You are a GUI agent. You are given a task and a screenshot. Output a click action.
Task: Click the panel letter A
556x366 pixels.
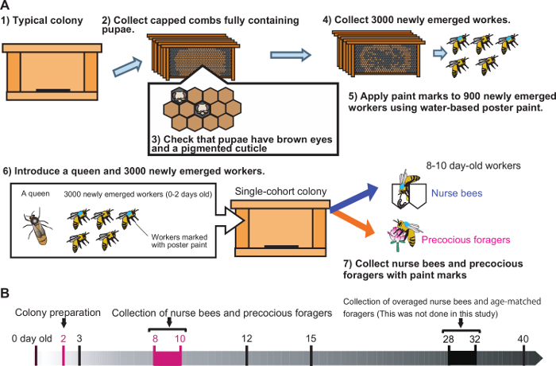coord(6,6)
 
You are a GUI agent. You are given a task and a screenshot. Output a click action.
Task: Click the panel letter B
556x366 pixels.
coord(6,293)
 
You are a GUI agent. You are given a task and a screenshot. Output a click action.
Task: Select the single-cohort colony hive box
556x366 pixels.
coord(284,224)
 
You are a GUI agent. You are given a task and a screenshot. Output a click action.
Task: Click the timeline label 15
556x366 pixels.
coord(311,338)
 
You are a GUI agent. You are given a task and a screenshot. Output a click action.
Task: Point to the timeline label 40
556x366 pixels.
coord(523,338)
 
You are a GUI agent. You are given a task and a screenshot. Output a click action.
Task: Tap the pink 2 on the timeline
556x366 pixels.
coord(63,338)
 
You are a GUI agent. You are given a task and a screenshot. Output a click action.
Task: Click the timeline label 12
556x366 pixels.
coord(247,338)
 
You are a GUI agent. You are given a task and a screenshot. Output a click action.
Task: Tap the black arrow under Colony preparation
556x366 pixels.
coord(64,322)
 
